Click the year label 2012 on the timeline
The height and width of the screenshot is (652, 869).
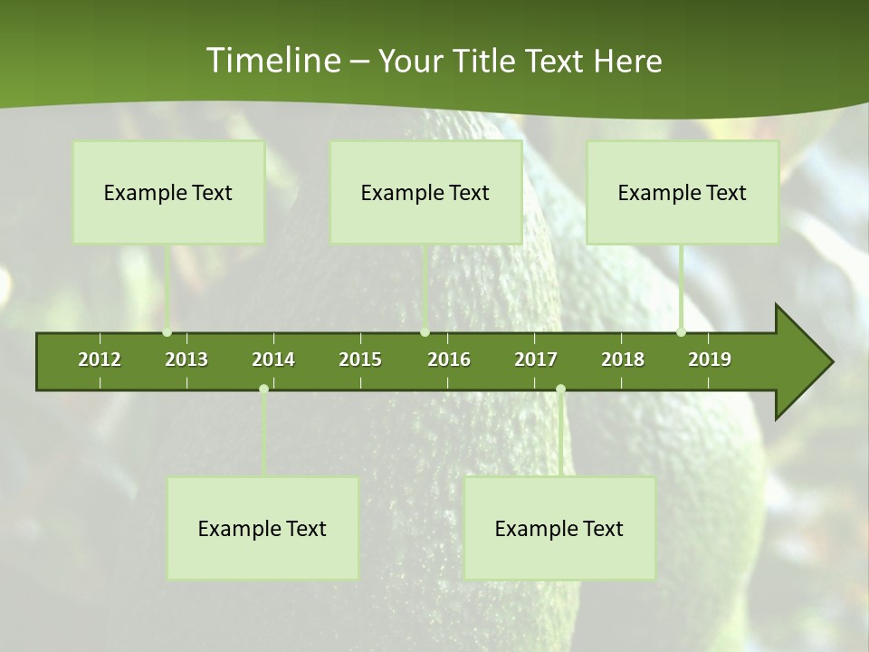tap(100, 360)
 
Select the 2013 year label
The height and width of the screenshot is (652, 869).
tap(186, 360)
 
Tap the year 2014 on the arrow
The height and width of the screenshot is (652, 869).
tap(273, 360)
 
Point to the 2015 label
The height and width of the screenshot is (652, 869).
tap(360, 360)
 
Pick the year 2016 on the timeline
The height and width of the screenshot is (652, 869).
tap(449, 360)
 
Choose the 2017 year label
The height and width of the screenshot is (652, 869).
tap(536, 360)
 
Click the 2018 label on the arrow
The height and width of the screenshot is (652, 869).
tap(623, 360)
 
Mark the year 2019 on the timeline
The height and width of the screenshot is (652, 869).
tap(710, 360)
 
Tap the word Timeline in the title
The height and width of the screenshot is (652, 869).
tap(272, 61)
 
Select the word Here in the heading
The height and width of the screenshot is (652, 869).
tap(627, 61)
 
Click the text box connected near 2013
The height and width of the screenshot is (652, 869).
tap(168, 192)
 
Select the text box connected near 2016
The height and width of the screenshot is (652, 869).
tap(425, 192)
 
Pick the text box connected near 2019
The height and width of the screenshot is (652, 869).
tap(683, 192)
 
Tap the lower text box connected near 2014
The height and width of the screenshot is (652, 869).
tap(263, 528)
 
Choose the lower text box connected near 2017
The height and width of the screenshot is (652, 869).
tap(559, 528)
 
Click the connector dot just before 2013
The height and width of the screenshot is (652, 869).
tap(167, 332)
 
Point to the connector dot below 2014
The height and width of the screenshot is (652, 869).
tap(263, 388)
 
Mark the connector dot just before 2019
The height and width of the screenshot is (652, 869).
tap(681, 332)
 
